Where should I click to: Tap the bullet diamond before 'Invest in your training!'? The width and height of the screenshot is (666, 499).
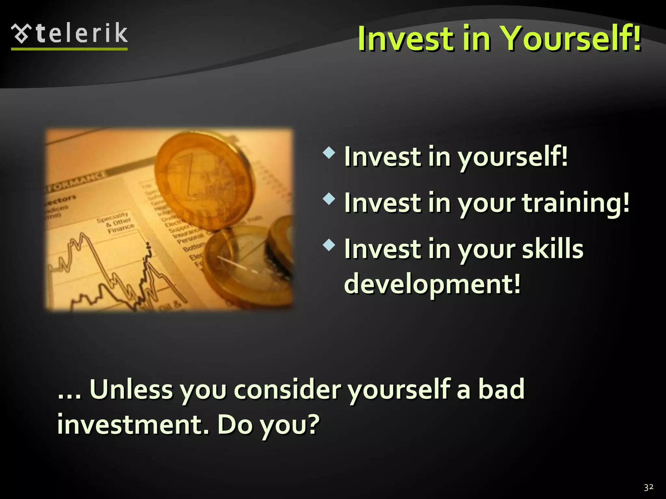coord(329,199)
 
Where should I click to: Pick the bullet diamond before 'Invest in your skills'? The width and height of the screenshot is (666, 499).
coord(329,245)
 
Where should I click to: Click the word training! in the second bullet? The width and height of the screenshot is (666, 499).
coord(576,203)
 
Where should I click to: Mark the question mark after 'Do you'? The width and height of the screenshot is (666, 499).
coord(313,424)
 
